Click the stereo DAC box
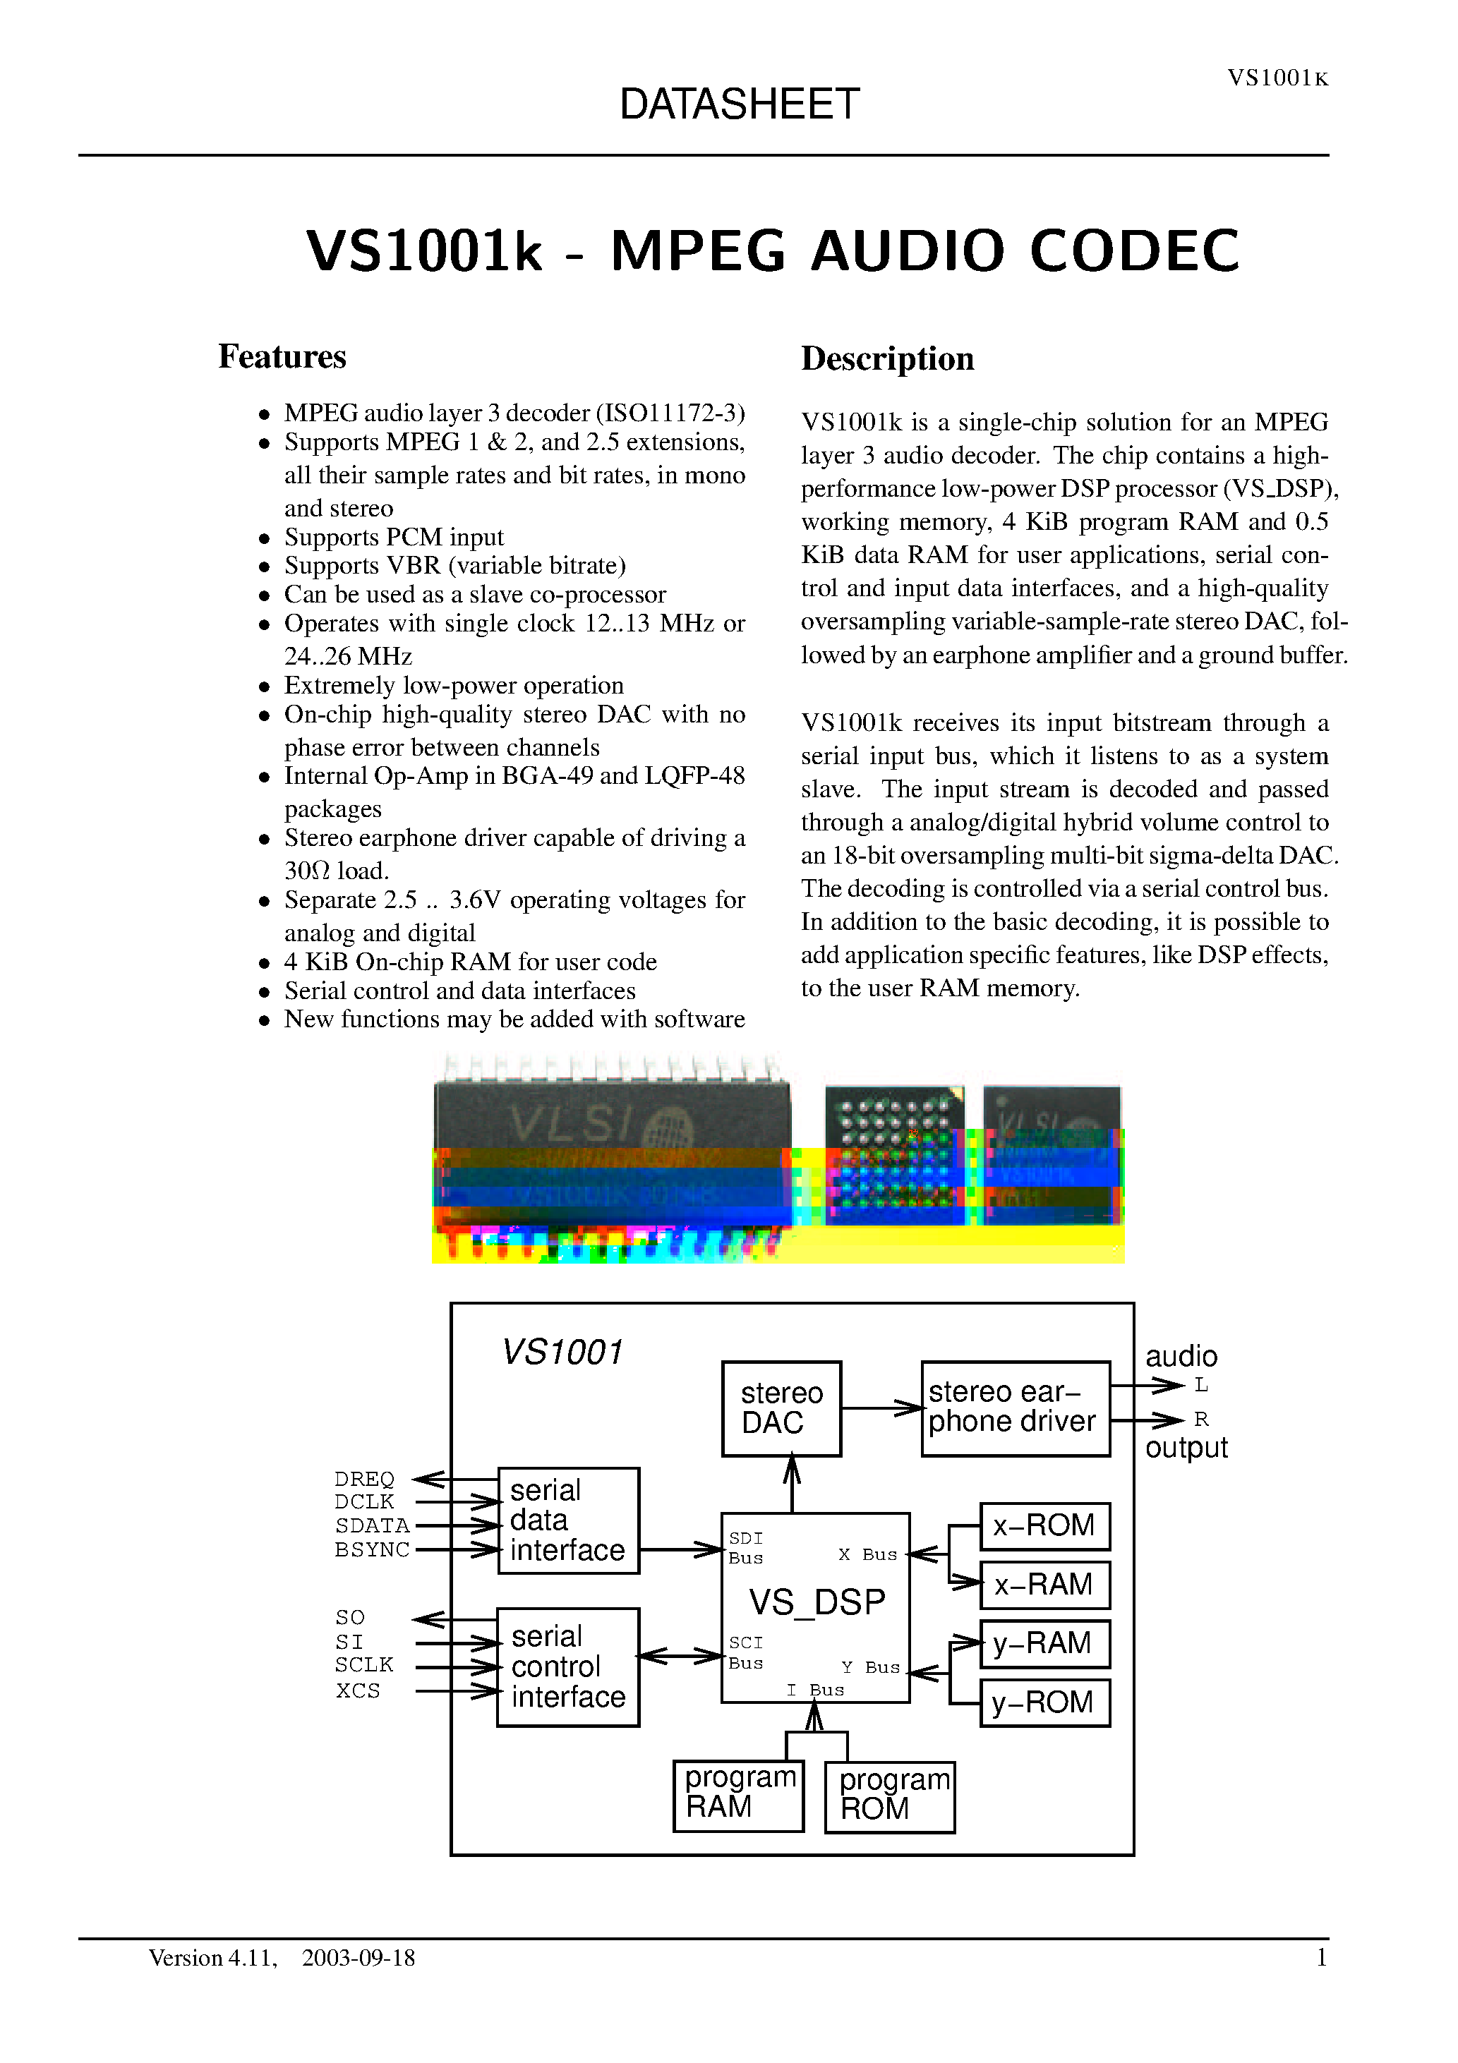(x=781, y=1408)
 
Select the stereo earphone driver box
(x=1015, y=1408)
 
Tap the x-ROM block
(x=1044, y=1525)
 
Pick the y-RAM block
(x=1044, y=1643)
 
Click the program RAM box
(x=738, y=1794)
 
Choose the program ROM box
(x=889, y=1796)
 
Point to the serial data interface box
(x=568, y=1520)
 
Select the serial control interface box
(x=568, y=1666)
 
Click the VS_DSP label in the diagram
(x=817, y=1602)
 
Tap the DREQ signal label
(x=364, y=1479)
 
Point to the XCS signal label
(x=358, y=1690)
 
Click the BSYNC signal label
(x=372, y=1549)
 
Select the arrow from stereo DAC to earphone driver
(x=881, y=1408)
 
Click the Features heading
(x=282, y=357)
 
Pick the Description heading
(x=887, y=358)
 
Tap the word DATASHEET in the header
(x=739, y=104)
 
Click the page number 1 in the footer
(x=1321, y=1958)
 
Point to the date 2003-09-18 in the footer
(x=359, y=1958)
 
